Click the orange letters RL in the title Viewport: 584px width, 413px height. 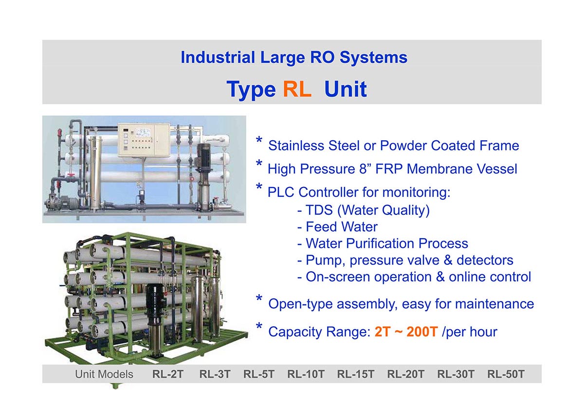[297, 89]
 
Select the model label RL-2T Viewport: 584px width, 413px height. [168, 374]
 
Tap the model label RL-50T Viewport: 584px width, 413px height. [506, 374]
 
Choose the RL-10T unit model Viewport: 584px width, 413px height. [306, 374]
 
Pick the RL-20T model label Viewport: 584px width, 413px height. [406, 374]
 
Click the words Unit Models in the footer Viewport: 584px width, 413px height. [104, 374]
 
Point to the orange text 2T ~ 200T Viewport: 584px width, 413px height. [406, 332]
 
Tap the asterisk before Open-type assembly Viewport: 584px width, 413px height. [259, 299]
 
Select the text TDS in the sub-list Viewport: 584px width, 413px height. [319, 210]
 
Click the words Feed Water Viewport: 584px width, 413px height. [342, 227]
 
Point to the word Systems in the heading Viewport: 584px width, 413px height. [374, 57]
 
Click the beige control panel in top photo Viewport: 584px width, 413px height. [144, 140]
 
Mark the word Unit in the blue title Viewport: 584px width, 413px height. [346, 89]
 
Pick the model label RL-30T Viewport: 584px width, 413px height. [456, 374]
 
